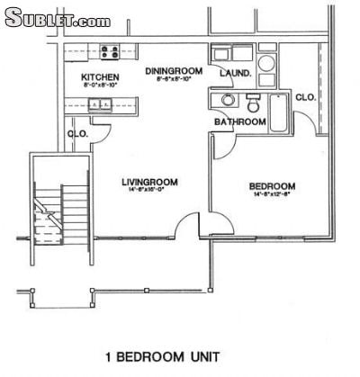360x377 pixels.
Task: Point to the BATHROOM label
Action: [x=240, y=121]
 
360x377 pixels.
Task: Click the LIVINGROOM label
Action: [x=149, y=183]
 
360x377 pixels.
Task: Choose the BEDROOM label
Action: [x=272, y=186]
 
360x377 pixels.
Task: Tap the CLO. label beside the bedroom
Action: [x=305, y=95]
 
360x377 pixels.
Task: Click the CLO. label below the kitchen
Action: [x=76, y=135]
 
